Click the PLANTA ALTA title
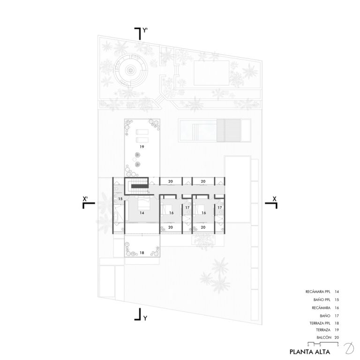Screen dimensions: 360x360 click(310, 352)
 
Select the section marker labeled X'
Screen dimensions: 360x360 click(89, 202)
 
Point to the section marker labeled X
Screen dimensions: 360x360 click(271, 202)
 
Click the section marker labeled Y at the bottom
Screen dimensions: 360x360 click(141, 315)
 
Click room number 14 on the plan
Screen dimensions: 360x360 click(142, 213)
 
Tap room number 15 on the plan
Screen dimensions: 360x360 click(120, 199)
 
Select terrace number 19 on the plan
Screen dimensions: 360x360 click(142, 147)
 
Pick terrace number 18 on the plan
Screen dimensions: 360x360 click(142, 253)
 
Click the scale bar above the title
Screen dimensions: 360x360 click(323, 344)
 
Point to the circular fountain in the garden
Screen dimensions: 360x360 click(130, 69)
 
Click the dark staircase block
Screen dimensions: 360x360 click(139, 186)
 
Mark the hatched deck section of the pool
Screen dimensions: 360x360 click(229, 130)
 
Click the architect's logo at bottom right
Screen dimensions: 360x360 click(349, 348)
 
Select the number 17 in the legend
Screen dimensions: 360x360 click(337, 316)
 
